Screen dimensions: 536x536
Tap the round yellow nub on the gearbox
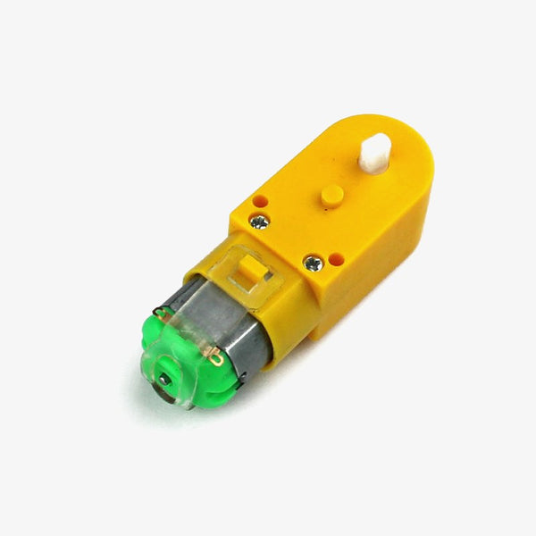(332, 195)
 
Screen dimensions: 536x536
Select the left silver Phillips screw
(259, 222)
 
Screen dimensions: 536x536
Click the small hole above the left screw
(259, 202)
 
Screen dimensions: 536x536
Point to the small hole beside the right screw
(336, 258)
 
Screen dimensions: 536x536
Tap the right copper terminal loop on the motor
(215, 358)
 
